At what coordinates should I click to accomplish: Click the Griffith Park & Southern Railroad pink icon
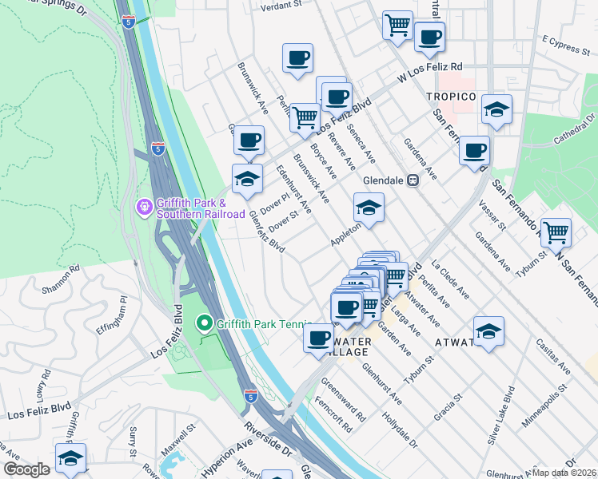pyautogui.click(x=144, y=208)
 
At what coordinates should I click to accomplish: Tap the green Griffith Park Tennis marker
pyautogui.click(x=204, y=324)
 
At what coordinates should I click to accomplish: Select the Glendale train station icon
pyautogui.click(x=413, y=180)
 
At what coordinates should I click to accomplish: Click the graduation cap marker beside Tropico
pyautogui.click(x=496, y=110)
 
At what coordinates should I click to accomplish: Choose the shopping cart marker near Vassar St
pyautogui.click(x=556, y=233)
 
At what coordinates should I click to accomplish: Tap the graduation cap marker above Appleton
pyautogui.click(x=369, y=208)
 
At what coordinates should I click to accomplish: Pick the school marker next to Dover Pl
pyautogui.click(x=247, y=179)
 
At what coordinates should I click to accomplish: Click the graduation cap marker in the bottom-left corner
pyautogui.click(x=70, y=458)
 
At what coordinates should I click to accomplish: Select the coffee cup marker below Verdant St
pyautogui.click(x=297, y=57)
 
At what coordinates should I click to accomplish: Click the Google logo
pyautogui.click(x=26, y=470)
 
